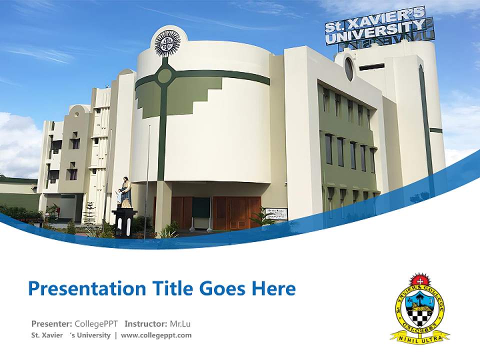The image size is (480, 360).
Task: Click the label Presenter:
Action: pyautogui.click(x=52, y=323)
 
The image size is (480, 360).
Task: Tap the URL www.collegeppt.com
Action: pyautogui.click(x=156, y=335)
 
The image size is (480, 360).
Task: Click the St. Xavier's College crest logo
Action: pyautogui.click(x=419, y=307)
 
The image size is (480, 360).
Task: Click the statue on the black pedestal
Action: pyautogui.click(x=125, y=192)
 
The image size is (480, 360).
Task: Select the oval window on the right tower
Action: pyautogui.click(x=348, y=69)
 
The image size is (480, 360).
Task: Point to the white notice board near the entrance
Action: pyautogui.click(x=276, y=214)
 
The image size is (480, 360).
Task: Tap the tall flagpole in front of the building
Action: pyautogui.click(x=147, y=180)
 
